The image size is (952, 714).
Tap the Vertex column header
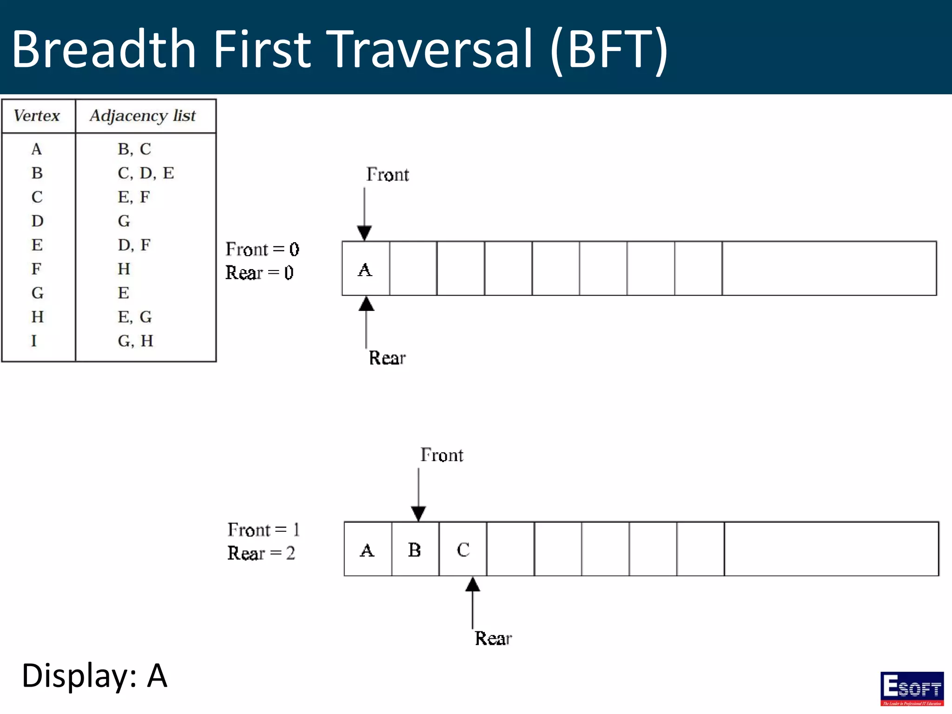coord(37,115)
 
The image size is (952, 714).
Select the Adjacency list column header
coord(143,115)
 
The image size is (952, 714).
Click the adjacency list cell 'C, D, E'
coord(145,173)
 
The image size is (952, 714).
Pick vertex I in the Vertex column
coord(34,341)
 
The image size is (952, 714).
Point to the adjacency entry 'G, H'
coord(135,341)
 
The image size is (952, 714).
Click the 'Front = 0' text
coord(262,249)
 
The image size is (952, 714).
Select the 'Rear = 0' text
coord(259,272)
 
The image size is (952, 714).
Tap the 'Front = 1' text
coord(263,529)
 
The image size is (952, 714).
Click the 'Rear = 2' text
coord(261,553)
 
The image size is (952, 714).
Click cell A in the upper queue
coord(365,269)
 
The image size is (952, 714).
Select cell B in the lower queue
coord(415,550)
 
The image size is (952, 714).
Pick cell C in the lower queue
coord(463,550)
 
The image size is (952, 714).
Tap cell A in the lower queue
coord(367,550)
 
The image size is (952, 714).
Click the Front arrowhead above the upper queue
coord(364,232)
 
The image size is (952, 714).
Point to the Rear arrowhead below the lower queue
coord(472,585)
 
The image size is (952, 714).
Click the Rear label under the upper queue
coord(387,358)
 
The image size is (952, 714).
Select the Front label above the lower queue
coord(442,455)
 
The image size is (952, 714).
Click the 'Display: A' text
coord(94,675)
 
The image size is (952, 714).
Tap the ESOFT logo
coord(912,688)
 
